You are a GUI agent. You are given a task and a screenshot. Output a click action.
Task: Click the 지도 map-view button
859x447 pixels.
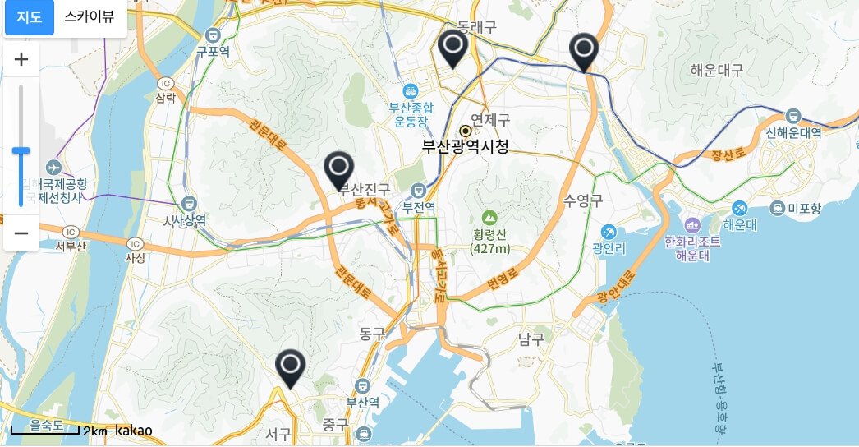(x=30, y=17)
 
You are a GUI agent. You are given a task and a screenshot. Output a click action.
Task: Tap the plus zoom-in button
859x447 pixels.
(x=21, y=59)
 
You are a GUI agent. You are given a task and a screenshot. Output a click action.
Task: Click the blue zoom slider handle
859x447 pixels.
(x=21, y=150)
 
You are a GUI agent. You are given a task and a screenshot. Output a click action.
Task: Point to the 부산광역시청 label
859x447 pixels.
(x=465, y=146)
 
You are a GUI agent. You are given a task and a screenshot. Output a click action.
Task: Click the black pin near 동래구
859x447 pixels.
(x=452, y=48)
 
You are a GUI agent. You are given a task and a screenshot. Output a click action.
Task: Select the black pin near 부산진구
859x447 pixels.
(x=338, y=169)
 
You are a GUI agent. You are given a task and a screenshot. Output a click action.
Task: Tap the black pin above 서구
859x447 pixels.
(x=290, y=367)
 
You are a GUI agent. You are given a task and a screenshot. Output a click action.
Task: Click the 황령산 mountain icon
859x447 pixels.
(x=489, y=218)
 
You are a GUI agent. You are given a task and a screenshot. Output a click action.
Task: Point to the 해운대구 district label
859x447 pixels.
(x=716, y=71)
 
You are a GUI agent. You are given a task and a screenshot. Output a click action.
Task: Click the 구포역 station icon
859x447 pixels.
(x=213, y=35)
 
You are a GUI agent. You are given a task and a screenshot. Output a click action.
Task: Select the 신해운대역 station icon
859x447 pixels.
(x=793, y=116)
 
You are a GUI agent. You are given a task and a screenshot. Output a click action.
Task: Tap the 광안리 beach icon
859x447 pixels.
(x=609, y=232)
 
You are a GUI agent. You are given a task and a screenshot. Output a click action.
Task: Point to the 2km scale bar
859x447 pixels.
(x=45, y=430)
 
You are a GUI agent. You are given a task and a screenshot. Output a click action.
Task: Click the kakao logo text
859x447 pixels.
(x=134, y=431)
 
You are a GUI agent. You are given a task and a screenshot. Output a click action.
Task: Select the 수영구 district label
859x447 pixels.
(x=583, y=200)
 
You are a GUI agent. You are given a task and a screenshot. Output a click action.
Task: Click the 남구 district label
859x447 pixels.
(x=531, y=339)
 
